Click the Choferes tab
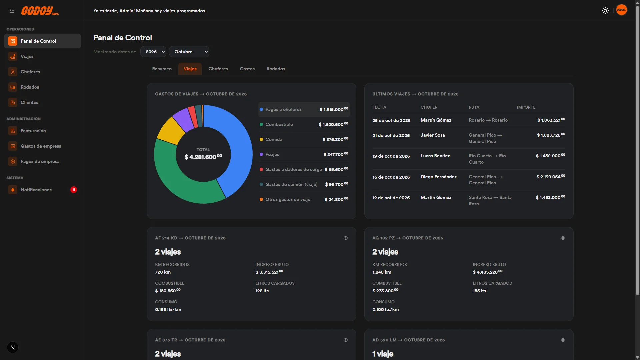coord(218,69)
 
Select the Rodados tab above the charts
coord(276,69)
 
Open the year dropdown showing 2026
coord(153,52)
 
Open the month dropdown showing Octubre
coord(189,52)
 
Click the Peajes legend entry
coord(272,154)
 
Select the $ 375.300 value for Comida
coord(335,139)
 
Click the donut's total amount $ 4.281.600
coord(203,157)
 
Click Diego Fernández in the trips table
coord(438,177)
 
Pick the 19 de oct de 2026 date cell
coord(391,156)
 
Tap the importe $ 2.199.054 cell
coord(551,177)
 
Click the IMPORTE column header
coord(526,107)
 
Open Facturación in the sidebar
coord(33,131)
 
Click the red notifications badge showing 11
coord(74,190)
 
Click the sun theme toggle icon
coord(605,11)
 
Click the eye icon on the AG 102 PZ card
coord(563,238)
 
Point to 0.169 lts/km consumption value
coord(168,309)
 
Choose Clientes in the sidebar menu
coord(29,102)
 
